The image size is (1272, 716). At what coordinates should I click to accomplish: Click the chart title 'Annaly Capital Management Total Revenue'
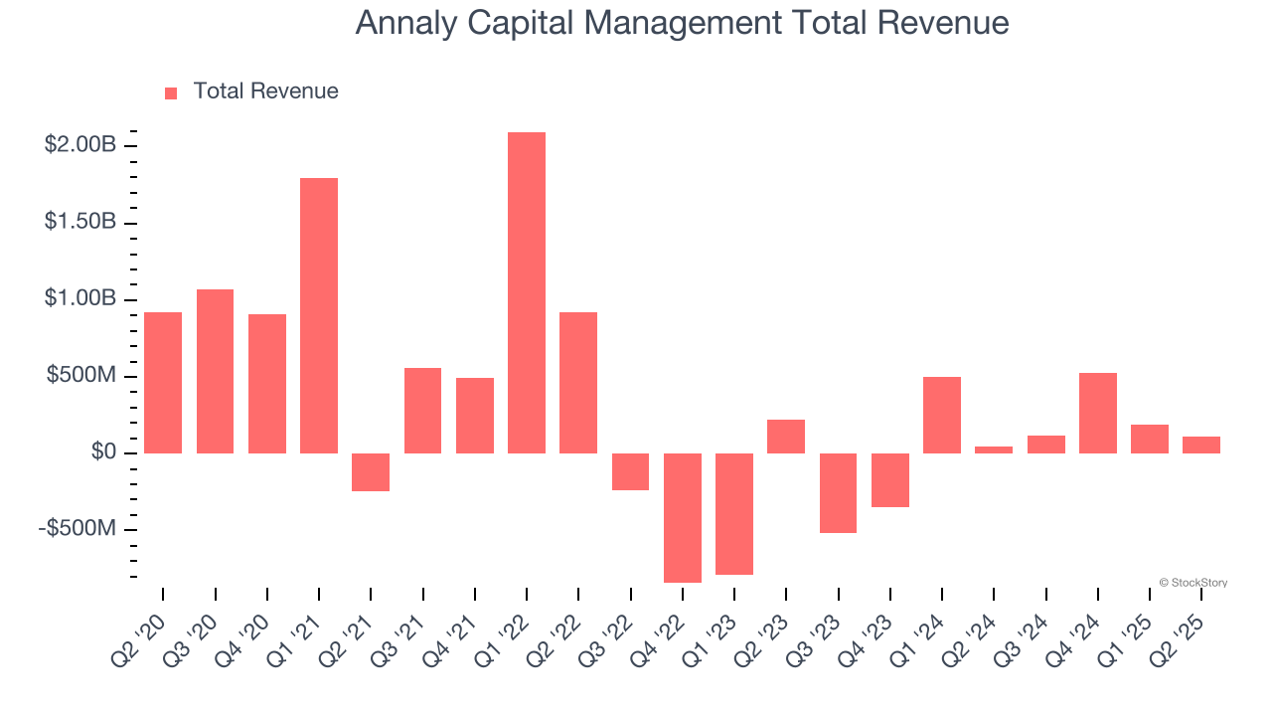click(x=682, y=23)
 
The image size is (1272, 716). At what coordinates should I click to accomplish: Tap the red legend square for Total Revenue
click(x=171, y=92)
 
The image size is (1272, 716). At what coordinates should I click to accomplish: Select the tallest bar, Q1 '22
click(x=526, y=292)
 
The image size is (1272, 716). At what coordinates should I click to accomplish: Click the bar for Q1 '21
click(x=319, y=315)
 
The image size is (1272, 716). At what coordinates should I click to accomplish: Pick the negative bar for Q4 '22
click(x=682, y=517)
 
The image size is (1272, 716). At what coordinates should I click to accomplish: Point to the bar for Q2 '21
click(x=371, y=472)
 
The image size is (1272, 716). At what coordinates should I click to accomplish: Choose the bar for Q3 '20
click(x=215, y=371)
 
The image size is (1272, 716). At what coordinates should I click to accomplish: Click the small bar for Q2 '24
click(x=993, y=449)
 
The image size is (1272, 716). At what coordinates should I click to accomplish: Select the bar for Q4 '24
click(x=1097, y=413)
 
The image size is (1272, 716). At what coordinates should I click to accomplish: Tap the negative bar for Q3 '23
click(x=838, y=492)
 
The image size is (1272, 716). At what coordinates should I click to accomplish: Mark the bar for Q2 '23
click(x=786, y=437)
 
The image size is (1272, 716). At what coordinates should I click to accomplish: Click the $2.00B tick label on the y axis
click(x=80, y=145)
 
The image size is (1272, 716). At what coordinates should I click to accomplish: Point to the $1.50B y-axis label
click(x=80, y=222)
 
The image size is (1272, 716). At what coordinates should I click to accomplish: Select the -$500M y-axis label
click(x=78, y=528)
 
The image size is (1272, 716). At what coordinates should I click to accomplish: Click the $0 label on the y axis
click(x=102, y=452)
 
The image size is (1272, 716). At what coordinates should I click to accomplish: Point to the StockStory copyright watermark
click(x=1192, y=583)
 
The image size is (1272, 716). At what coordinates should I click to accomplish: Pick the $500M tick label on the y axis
click(x=80, y=376)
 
